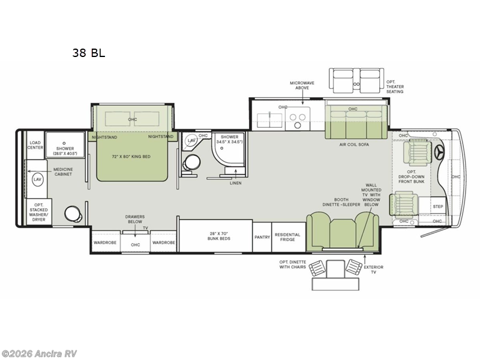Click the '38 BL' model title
click(x=89, y=53)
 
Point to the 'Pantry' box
click(x=262, y=237)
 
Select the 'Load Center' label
click(x=34, y=146)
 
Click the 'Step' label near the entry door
click(x=439, y=206)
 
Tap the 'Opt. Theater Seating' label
click(x=395, y=87)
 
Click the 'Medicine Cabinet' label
click(x=63, y=172)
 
